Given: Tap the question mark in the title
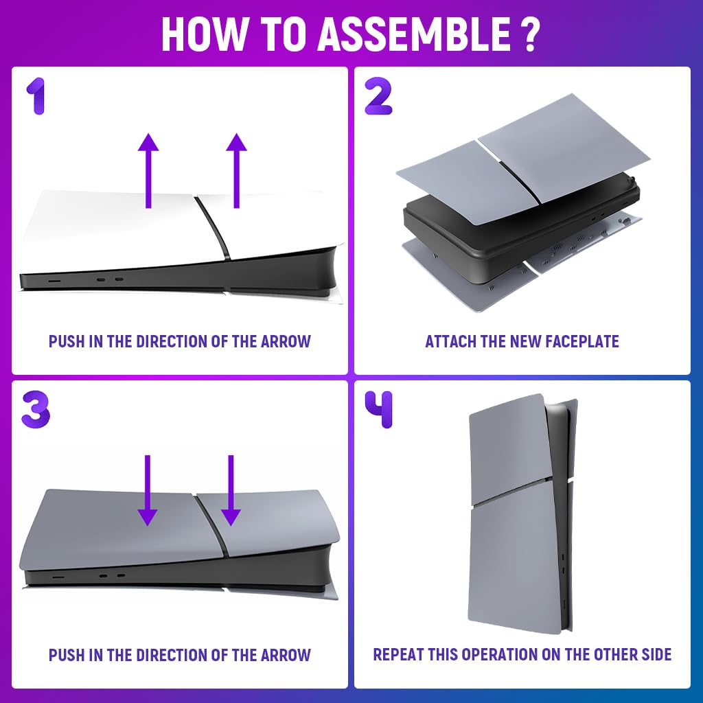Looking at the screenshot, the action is click(531, 34).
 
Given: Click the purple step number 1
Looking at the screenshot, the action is click(36, 96).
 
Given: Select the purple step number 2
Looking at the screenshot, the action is click(378, 96).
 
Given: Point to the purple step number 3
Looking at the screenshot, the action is click(36, 409).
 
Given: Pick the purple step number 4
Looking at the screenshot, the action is click(379, 409).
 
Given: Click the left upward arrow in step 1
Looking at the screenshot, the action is click(148, 170).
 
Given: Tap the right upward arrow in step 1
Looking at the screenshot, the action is click(236, 170).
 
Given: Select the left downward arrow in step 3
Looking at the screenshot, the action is click(148, 490).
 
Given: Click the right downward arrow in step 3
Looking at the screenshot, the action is click(231, 490).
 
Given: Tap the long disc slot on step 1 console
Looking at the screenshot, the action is click(55, 281).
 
